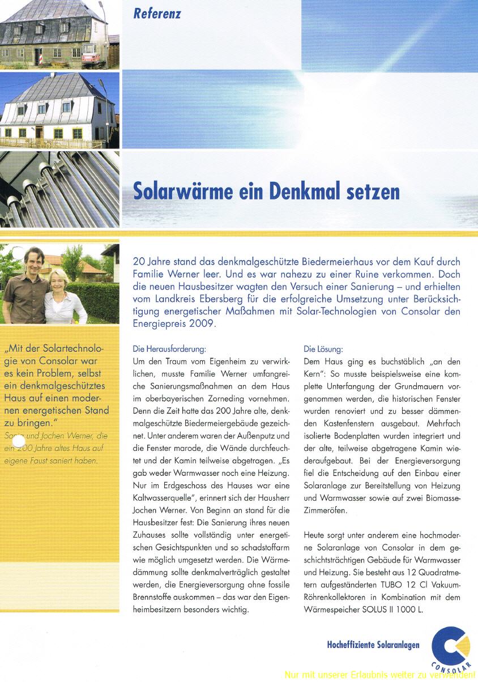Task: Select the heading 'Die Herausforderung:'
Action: tap(169, 349)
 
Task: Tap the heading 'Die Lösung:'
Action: tap(323, 349)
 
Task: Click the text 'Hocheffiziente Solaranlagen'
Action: tap(373, 645)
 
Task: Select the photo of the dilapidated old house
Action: tap(59, 34)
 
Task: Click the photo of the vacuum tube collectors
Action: tap(59, 189)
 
